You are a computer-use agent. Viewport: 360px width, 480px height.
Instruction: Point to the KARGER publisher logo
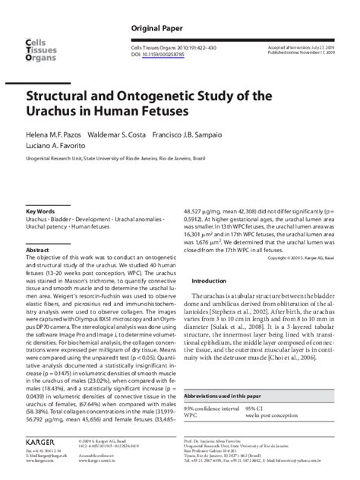tap(43, 440)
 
